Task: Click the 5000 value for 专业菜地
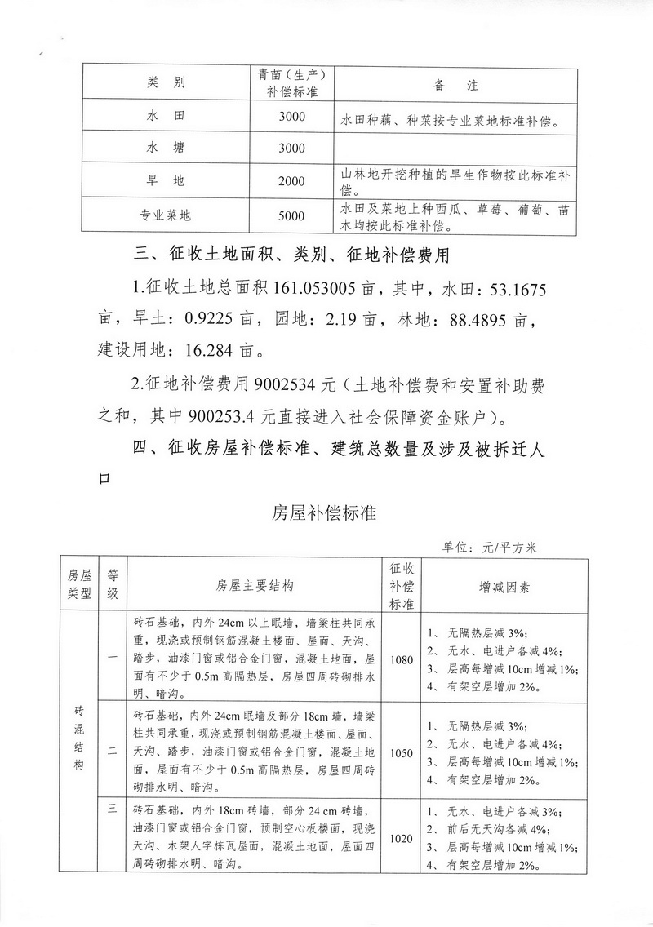point(291,216)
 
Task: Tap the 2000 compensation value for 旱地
point(291,181)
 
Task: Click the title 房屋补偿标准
point(323,513)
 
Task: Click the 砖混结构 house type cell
point(78,743)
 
